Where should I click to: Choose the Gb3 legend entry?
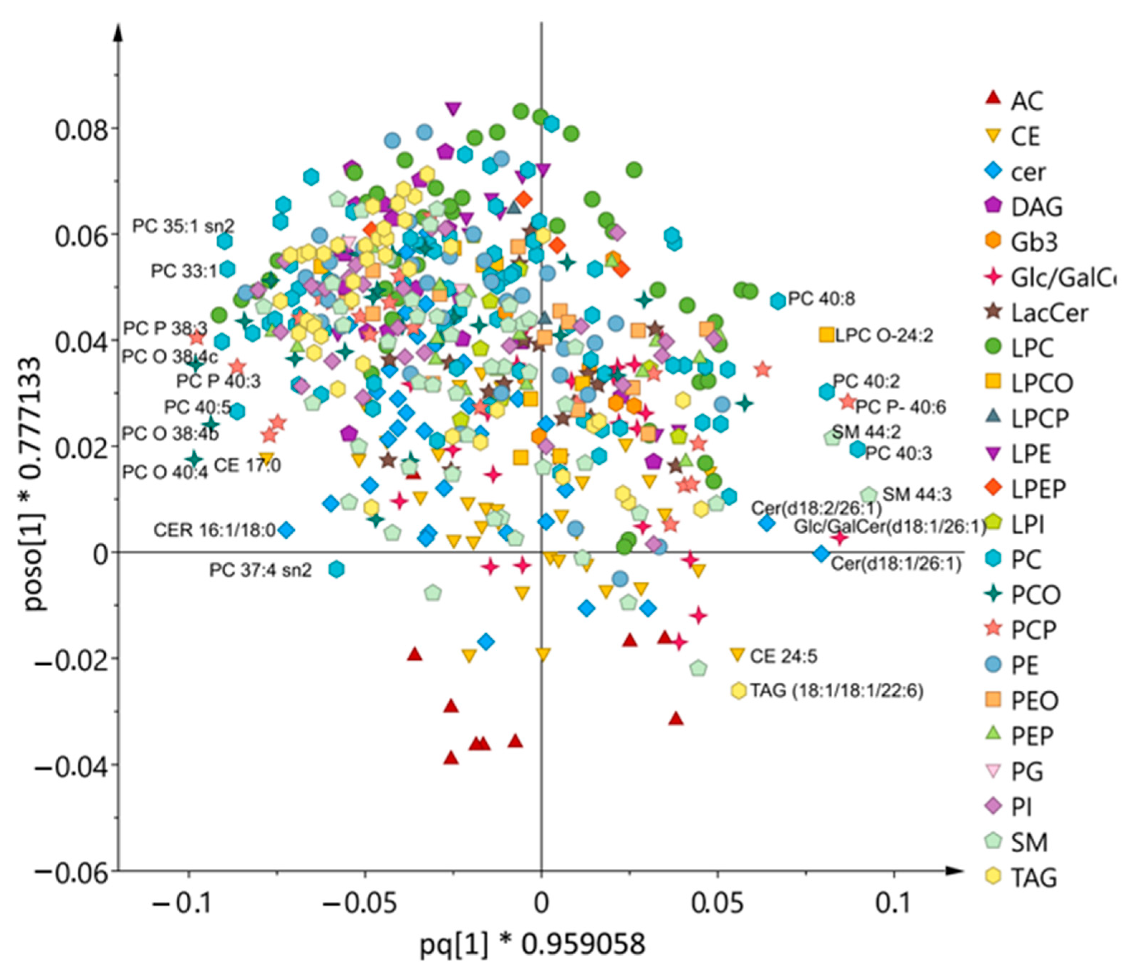1022,242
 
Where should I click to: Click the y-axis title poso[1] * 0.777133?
36,484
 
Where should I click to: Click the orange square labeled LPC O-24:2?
826,335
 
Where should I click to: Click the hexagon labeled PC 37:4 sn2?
337,569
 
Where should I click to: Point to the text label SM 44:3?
916,494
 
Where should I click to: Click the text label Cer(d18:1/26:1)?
896,563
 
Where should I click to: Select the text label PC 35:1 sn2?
183,226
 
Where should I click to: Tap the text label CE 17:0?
247,465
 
